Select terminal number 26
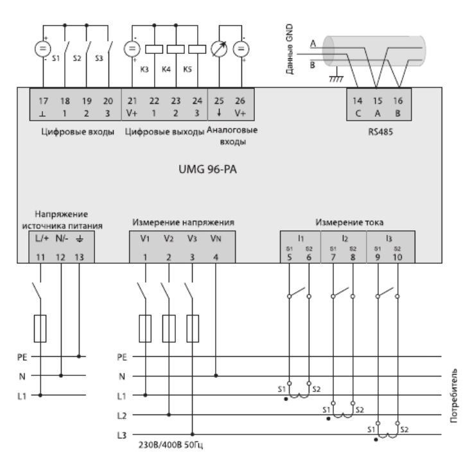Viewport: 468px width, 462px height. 241,100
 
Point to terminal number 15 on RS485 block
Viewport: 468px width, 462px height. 377,100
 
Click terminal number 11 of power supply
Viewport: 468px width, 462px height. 41,257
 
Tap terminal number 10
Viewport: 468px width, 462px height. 399,257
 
